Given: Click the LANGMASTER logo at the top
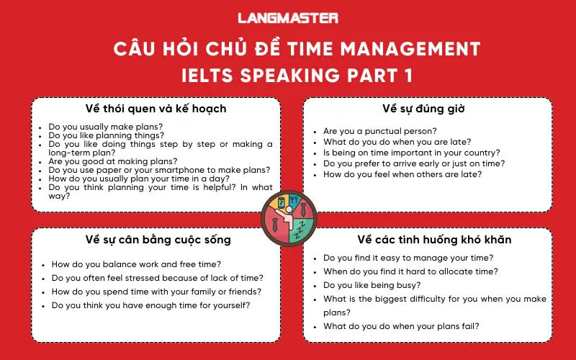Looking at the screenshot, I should point(288,18).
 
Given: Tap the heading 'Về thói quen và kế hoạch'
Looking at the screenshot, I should point(156,109).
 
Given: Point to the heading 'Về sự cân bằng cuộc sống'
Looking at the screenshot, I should point(156,239).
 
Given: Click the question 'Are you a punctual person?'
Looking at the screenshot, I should point(379,131).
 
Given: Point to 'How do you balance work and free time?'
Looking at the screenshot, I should point(136,264).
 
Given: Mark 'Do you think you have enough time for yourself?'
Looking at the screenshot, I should point(150,305).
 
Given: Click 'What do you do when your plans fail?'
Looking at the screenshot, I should point(401,325).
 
